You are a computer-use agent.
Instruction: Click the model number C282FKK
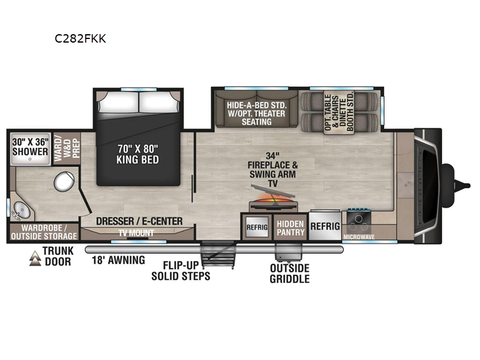click(80, 39)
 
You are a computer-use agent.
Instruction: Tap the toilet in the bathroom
click(64, 182)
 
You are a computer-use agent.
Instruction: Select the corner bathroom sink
click(21, 211)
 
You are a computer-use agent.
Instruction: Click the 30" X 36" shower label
click(30, 147)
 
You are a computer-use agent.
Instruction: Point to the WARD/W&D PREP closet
click(67, 148)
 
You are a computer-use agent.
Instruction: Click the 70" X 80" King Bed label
click(138, 154)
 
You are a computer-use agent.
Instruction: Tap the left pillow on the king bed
click(118, 101)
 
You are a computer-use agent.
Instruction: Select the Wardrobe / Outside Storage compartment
click(44, 232)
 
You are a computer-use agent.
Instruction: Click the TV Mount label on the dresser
click(136, 233)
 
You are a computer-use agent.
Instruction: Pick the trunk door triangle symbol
click(35, 259)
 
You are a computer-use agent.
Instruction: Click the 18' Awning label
click(118, 260)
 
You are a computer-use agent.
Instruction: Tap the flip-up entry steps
click(218, 254)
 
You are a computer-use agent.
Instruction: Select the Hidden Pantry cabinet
click(290, 227)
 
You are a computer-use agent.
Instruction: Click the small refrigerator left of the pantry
click(257, 227)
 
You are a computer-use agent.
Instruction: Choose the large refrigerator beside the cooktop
click(325, 226)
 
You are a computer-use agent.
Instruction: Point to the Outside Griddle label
click(290, 274)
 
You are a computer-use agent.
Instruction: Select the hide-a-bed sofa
click(257, 109)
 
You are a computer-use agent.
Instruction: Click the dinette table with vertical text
click(339, 112)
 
